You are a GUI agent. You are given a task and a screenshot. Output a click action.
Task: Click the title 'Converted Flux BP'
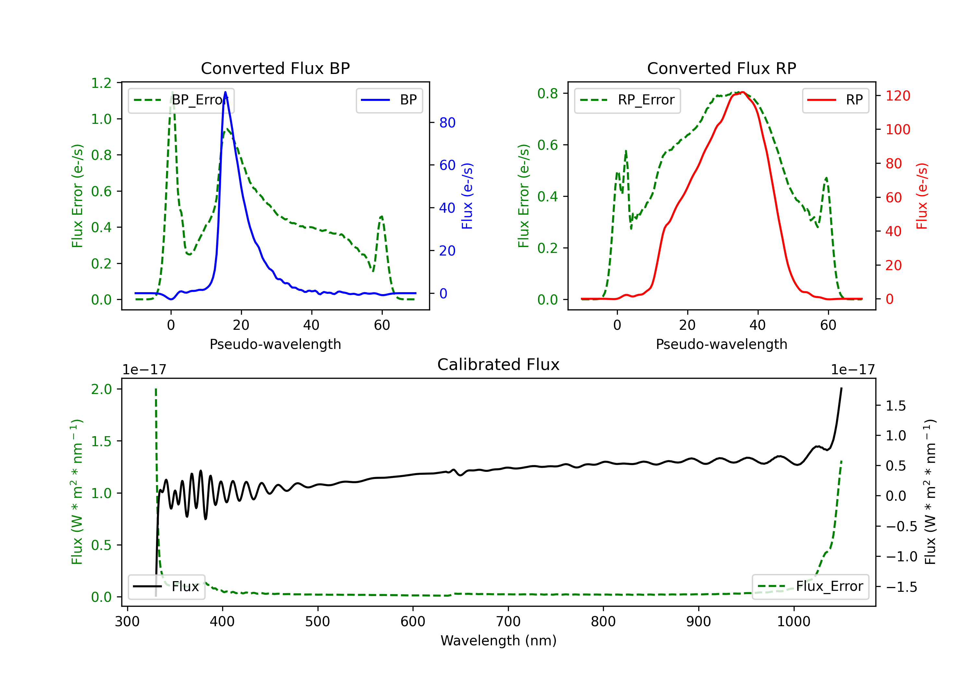tap(275, 68)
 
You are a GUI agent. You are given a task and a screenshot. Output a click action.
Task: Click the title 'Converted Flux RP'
tap(721, 68)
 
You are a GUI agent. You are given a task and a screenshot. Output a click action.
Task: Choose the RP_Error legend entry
tap(627, 100)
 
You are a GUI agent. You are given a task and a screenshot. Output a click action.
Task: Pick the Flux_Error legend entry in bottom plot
tap(810, 587)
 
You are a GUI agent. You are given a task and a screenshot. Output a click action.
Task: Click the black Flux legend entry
tap(167, 587)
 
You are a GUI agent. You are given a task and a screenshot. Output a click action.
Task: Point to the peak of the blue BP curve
tap(225, 92)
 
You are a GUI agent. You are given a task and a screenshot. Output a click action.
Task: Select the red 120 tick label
tap(897, 96)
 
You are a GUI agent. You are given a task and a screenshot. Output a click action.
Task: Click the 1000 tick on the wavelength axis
tap(793, 621)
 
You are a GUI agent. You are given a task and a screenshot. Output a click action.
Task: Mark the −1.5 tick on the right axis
tap(901, 587)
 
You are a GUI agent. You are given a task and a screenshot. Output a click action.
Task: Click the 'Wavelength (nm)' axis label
tap(499, 640)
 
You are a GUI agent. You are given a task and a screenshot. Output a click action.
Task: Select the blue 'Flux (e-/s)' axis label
tap(467, 196)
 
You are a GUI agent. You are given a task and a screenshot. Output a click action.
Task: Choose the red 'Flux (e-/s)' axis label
tap(922, 196)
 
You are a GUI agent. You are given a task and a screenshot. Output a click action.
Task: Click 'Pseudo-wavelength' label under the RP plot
tap(721, 344)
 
